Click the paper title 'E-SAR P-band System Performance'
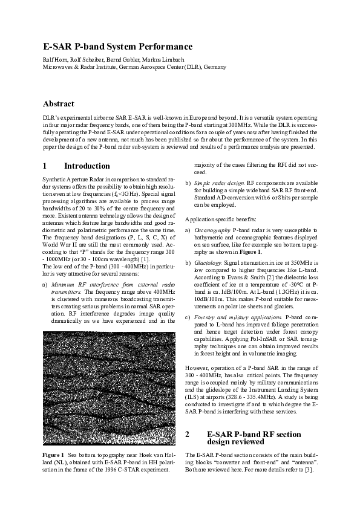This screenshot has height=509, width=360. click(117, 47)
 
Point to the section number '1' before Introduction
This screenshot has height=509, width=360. click(45, 166)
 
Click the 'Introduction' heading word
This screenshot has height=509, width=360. click(87, 166)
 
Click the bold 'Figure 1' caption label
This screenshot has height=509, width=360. click(53, 453)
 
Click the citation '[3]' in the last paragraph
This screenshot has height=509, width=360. click(308, 470)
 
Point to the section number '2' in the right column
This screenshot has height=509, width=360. click(188, 434)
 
